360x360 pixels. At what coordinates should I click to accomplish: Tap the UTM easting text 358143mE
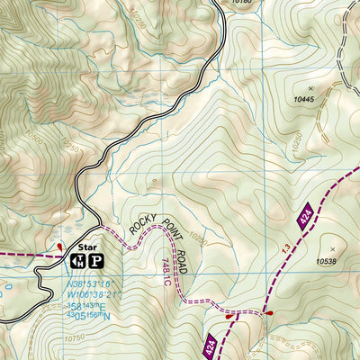tap(86, 304)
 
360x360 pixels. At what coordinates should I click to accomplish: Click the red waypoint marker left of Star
tap(59, 245)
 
